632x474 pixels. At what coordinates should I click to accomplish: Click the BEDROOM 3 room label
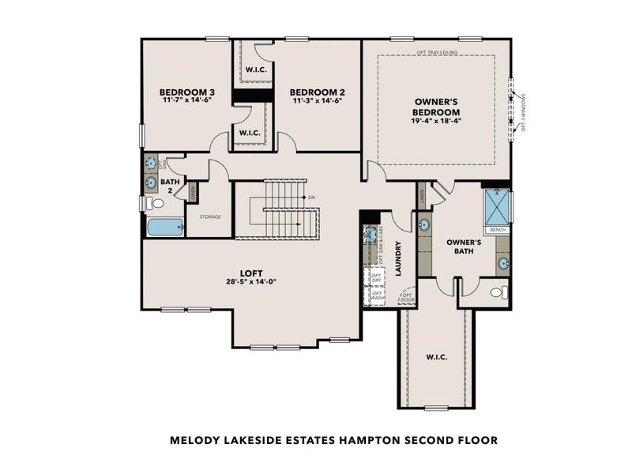tap(187, 92)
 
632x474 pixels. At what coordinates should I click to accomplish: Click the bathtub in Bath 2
tap(164, 228)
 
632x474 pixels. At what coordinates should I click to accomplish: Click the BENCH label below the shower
tap(498, 230)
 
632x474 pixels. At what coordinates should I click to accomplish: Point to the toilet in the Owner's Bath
tap(498, 292)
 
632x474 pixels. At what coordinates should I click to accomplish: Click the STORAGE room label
tap(209, 216)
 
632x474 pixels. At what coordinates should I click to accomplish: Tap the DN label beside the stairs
tap(312, 197)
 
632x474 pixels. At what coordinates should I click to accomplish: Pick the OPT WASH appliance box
tap(377, 297)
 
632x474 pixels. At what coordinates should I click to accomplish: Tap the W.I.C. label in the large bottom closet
tap(437, 357)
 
